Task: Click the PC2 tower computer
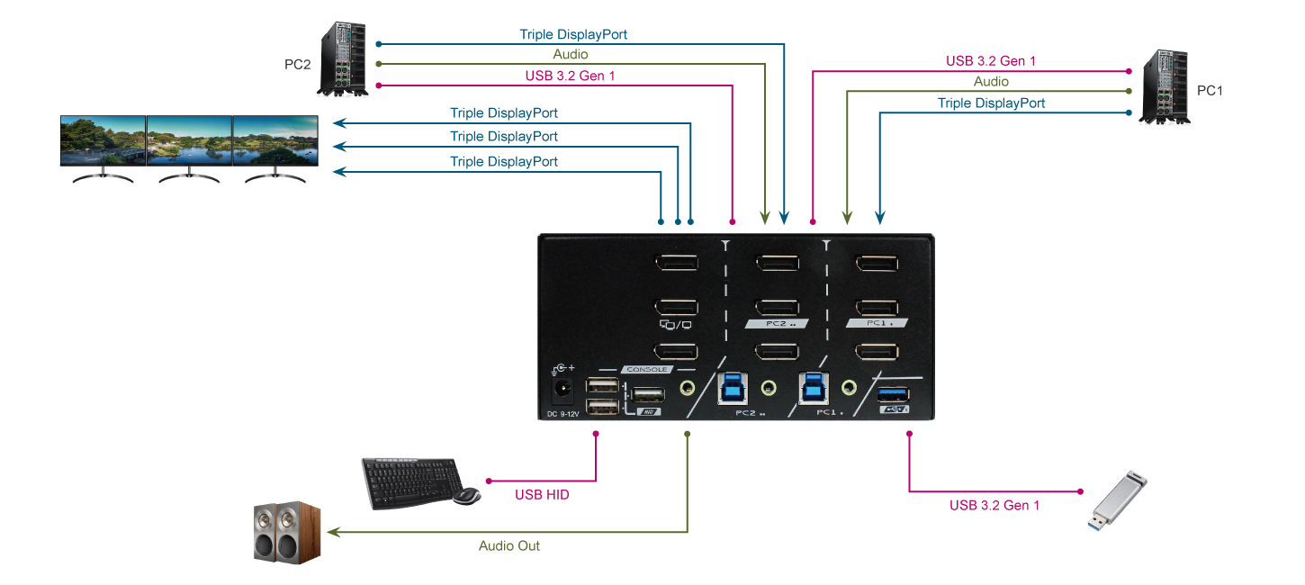pyautogui.click(x=343, y=59)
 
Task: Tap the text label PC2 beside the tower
pyautogui.click(x=297, y=65)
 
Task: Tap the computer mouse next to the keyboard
pyautogui.click(x=466, y=496)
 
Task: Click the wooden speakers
pyautogui.click(x=286, y=533)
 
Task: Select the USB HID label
pyautogui.click(x=542, y=494)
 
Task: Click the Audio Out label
pyautogui.click(x=509, y=545)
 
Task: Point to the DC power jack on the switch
pyautogui.click(x=562, y=390)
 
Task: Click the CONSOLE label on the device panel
pyautogui.click(x=647, y=369)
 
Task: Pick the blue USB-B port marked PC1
pyautogui.click(x=814, y=387)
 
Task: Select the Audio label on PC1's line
pyautogui.click(x=991, y=82)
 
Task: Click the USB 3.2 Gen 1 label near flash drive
pyautogui.click(x=994, y=505)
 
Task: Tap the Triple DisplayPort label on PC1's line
pyautogui.click(x=991, y=103)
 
